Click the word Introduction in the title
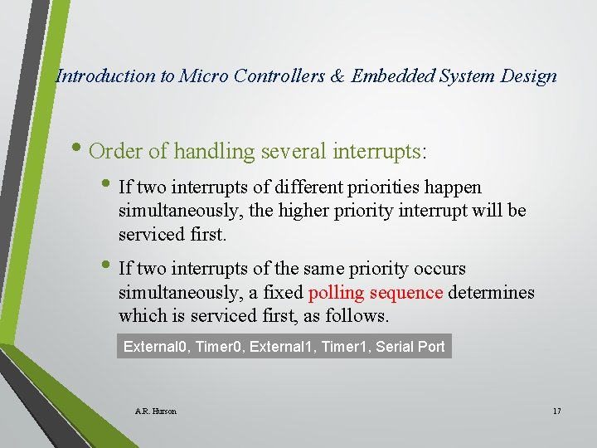pyautogui.click(x=105, y=76)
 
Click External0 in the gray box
pyautogui.click(x=156, y=346)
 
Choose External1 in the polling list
pyautogui.click(x=286, y=346)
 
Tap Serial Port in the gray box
pyautogui.click(x=410, y=346)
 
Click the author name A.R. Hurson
pyautogui.click(x=155, y=411)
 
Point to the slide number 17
pyautogui.click(x=556, y=411)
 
